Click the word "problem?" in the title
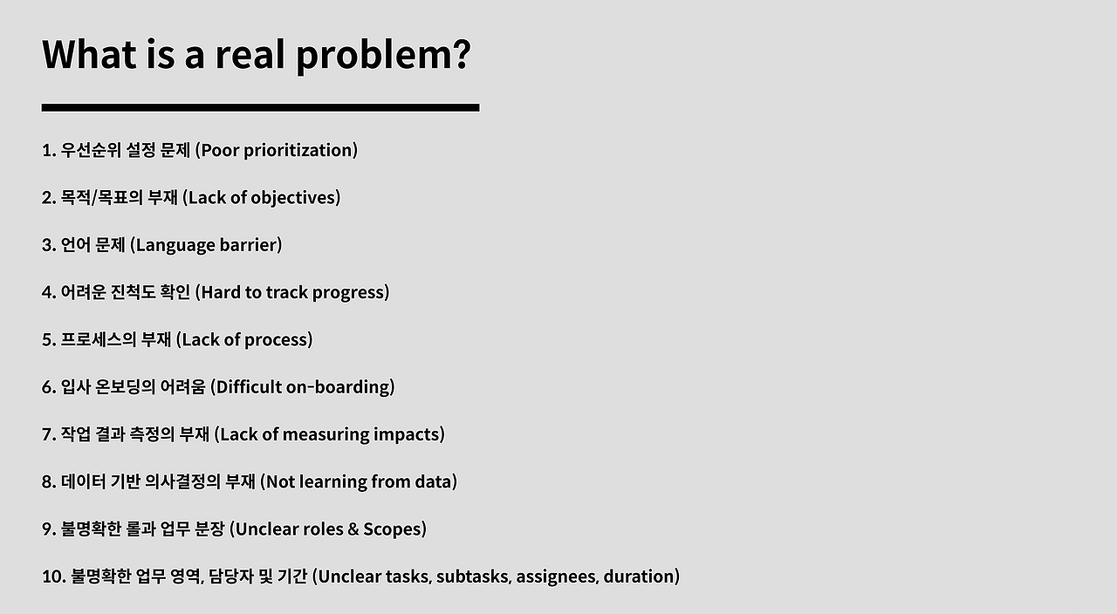(x=383, y=56)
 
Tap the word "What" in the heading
(x=89, y=54)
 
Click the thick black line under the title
(x=260, y=107)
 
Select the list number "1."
(x=49, y=150)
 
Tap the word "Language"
(x=175, y=245)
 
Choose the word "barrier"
(x=248, y=245)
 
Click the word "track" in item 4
(x=286, y=292)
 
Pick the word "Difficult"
(x=249, y=386)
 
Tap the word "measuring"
(x=326, y=434)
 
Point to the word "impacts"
(x=407, y=434)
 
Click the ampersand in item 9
(x=353, y=529)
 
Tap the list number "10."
(x=54, y=576)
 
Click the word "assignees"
(x=557, y=576)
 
